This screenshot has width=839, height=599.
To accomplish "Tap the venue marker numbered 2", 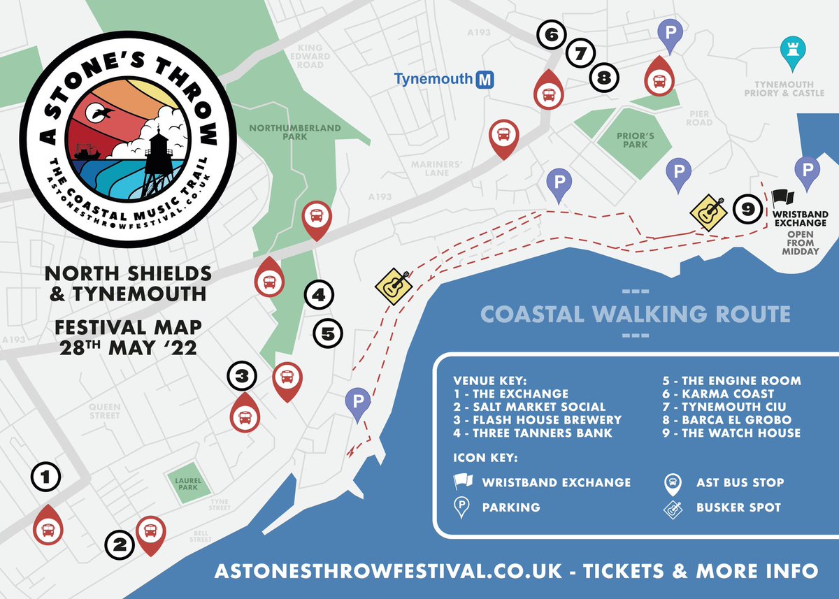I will [119, 544].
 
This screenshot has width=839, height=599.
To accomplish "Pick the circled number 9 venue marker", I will [747, 208].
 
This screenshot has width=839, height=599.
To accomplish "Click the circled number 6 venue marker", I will [551, 34].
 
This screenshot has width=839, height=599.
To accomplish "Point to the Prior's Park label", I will [632, 140].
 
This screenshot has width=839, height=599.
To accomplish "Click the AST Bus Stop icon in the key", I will [672, 482].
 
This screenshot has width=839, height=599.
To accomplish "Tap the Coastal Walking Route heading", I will [636, 314].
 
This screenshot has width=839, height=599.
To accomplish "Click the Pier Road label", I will [699, 118].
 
